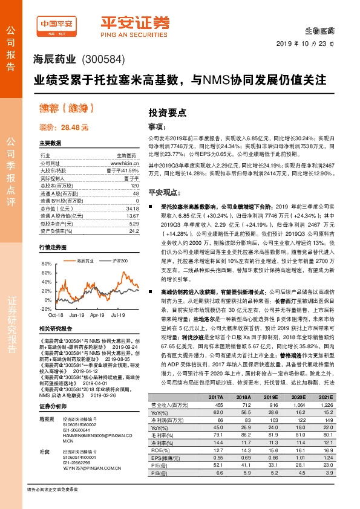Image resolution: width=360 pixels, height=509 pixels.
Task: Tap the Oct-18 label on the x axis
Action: (x=56, y=315)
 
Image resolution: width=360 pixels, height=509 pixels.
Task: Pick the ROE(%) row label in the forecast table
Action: (x=158, y=450)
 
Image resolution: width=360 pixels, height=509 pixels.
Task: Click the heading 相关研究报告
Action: (x=55, y=328)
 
